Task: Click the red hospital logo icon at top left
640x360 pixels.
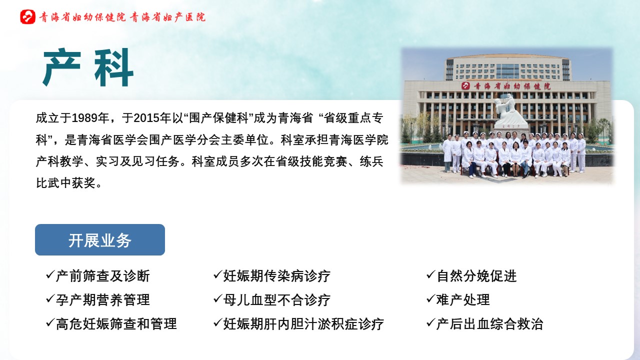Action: coord(27,17)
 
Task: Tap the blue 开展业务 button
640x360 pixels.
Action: coord(100,239)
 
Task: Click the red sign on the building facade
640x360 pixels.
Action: coord(505,85)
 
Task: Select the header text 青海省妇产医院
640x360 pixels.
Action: coord(167,17)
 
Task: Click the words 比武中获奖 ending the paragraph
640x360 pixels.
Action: coord(65,183)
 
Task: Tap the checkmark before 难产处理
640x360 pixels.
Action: coord(430,299)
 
